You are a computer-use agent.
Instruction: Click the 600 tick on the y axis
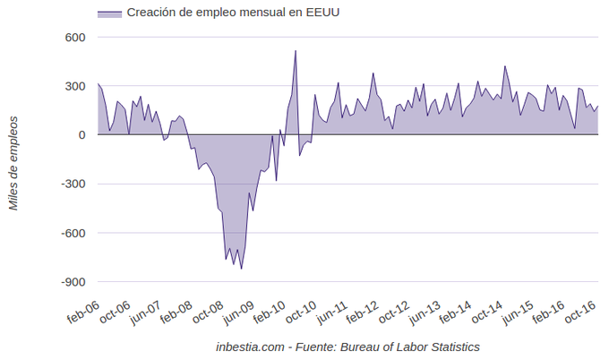[73, 38]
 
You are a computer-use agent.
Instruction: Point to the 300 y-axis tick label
[73, 86]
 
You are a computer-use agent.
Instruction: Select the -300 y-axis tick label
[70, 184]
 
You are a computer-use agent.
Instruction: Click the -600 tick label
[70, 233]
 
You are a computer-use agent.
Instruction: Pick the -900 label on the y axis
[70, 282]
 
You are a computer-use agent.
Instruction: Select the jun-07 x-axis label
[144, 313]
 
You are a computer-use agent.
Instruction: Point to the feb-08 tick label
[176, 313]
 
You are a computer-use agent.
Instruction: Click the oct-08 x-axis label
[207, 313]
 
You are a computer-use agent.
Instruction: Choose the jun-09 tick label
[238, 313]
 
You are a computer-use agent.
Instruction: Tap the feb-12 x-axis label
[363, 313]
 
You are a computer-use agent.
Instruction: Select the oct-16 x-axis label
[581, 313]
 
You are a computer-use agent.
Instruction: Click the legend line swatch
[108, 13]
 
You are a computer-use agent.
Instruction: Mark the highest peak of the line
[296, 51]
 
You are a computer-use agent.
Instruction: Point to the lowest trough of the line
[241, 269]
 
